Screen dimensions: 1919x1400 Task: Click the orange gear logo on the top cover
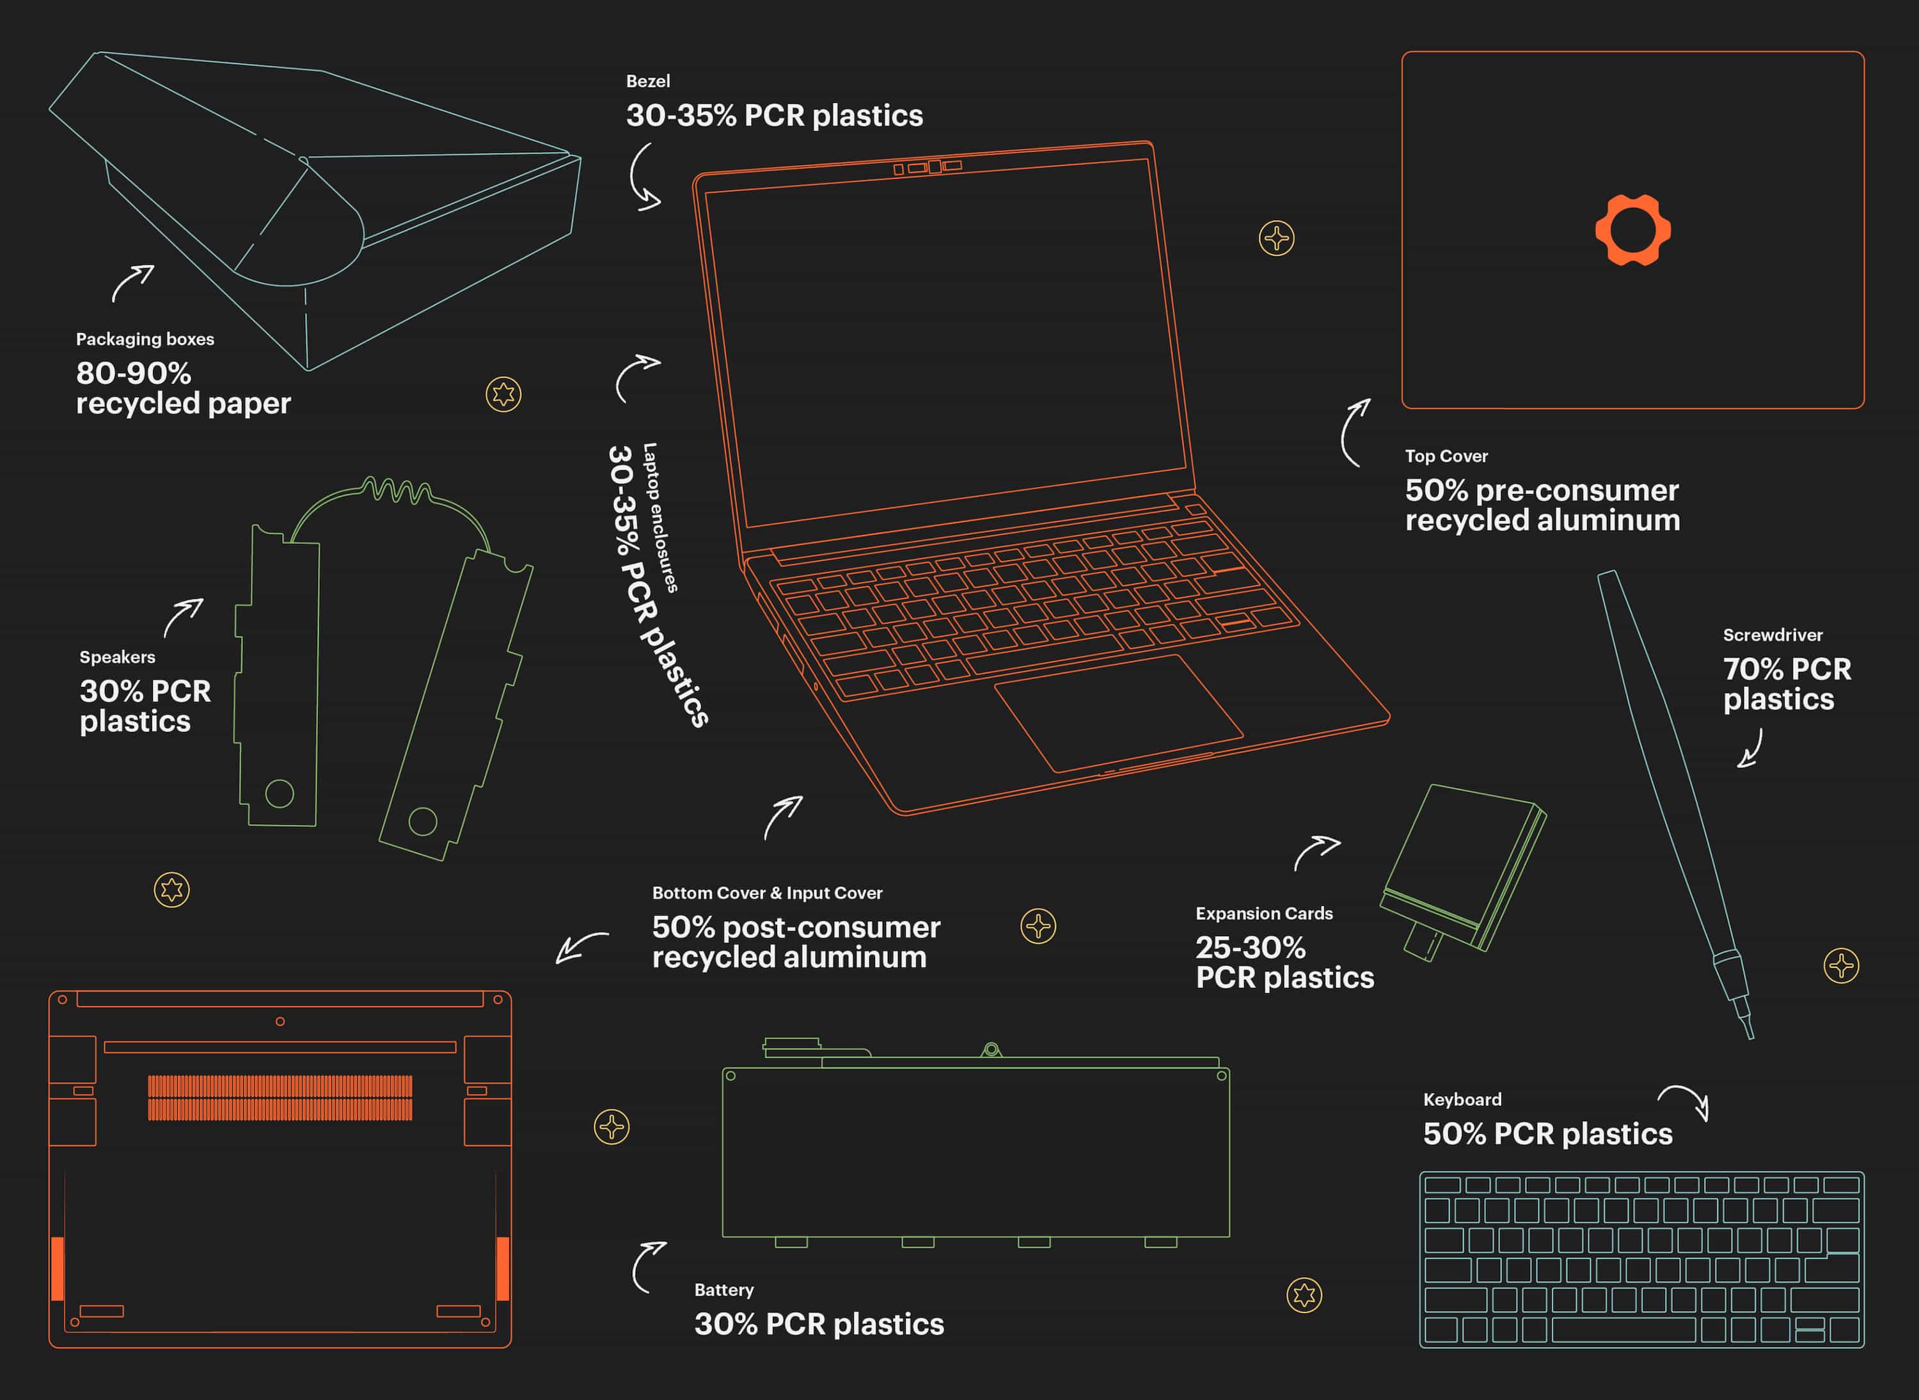[x=1632, y=230]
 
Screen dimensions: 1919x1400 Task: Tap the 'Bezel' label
[x=648, y=81]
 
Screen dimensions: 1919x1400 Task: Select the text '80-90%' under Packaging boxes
[x=134, y=373]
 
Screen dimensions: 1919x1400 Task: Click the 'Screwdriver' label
[x=1773, y=635]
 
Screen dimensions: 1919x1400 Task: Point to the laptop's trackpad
[x=1118, y=713]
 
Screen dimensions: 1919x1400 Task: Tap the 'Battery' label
[x=723, y=1290]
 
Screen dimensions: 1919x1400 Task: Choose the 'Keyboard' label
[x=1462, y=1099]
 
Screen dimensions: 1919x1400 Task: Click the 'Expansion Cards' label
[x=1264, y=914]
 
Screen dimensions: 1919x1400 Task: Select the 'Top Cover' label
[x=1446, y=456]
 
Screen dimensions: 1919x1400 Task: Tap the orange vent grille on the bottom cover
[x=280, y=1097]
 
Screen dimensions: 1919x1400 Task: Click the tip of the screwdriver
[x=1750, y=1037]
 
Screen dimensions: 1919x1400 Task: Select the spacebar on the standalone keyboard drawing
[x=1623, y=1330]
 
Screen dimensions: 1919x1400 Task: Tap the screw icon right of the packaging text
[x=503, y=394]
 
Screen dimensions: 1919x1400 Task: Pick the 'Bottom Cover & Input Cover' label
[x=767, y=893]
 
